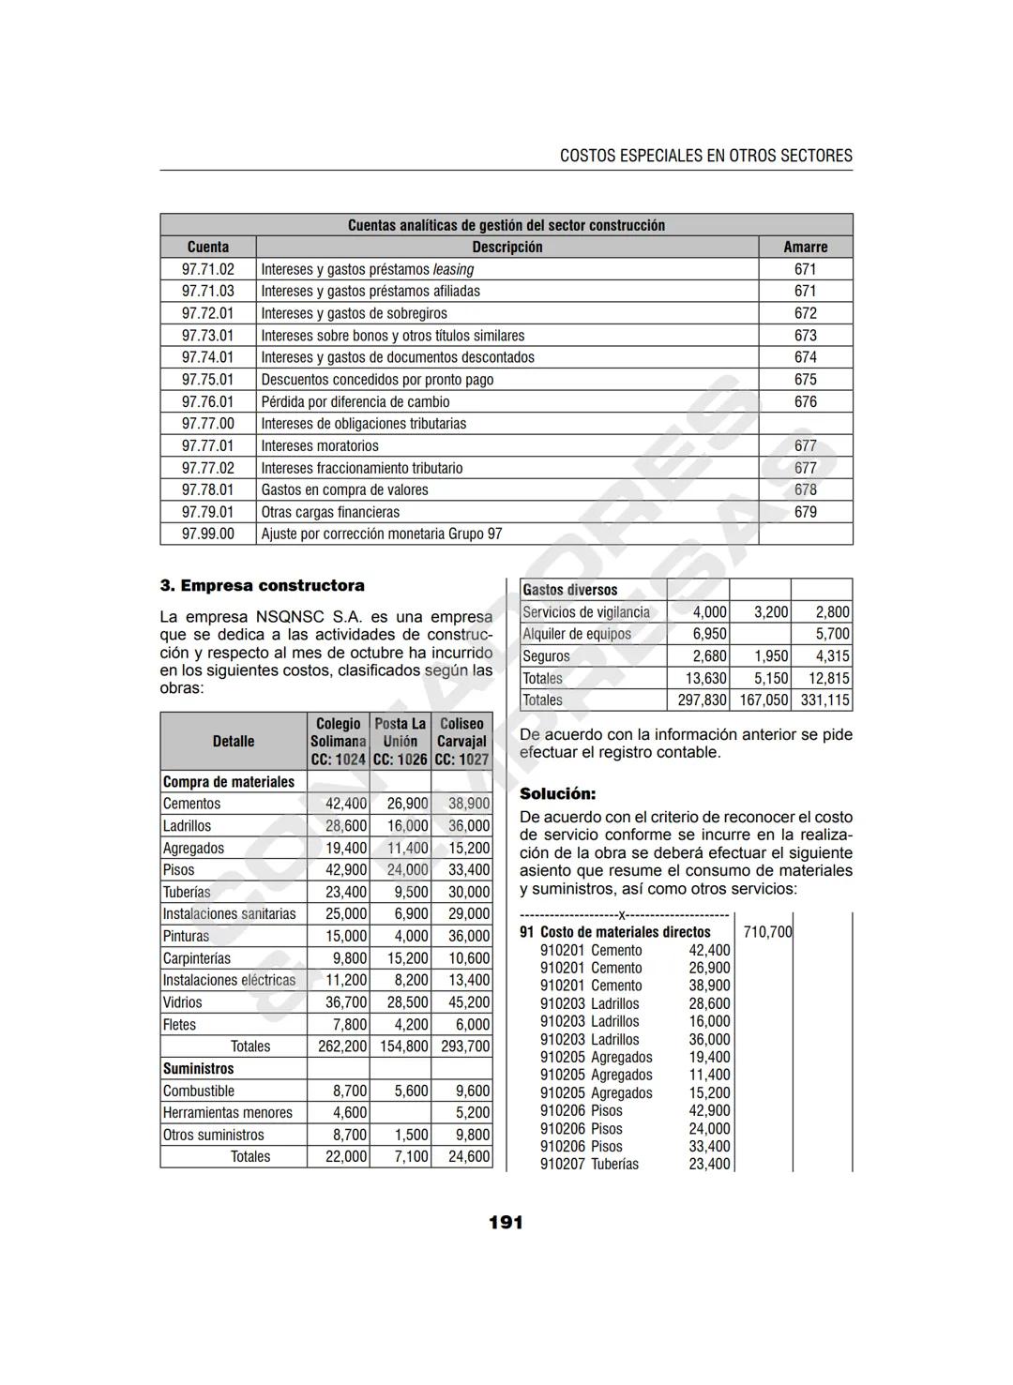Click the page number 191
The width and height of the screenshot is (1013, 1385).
[506, 1223]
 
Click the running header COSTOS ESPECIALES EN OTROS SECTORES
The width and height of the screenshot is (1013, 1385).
[705, 156]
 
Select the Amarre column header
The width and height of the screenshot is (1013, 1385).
[805, 247]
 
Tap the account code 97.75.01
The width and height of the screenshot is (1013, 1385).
[207, 380]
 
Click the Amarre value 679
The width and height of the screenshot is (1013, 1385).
[805, 512]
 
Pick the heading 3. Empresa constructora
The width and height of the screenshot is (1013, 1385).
[262, 585]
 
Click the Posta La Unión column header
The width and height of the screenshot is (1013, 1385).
[400, 741]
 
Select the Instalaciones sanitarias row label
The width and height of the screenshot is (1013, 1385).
[229, 913]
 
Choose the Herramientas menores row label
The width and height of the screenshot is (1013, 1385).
[228, 1113]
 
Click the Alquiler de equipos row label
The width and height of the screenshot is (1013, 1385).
[577, 634]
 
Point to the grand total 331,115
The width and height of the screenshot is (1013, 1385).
[824, 700]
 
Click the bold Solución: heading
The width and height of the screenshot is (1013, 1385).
[557, 793]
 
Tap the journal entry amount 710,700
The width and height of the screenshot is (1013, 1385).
[766, 932]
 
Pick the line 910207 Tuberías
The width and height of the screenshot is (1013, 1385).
[589, 1164]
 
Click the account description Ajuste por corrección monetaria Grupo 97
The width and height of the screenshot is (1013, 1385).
[381, 534]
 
